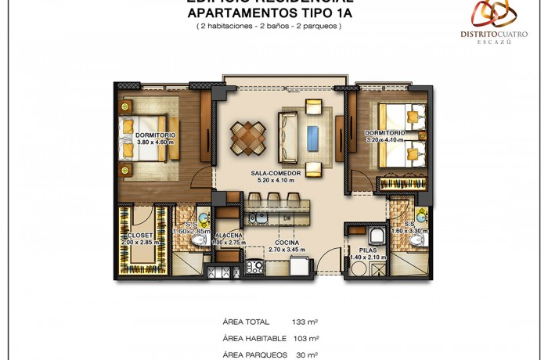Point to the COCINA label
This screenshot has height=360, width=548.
coord(287,243)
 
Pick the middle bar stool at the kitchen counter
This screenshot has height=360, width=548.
coord(273,199)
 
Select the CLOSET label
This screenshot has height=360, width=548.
coord(141,235)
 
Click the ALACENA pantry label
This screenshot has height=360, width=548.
coord(229,235)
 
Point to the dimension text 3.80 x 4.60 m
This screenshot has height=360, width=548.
coord(155,142)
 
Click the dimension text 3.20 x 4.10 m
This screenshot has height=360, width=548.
coord(385,141)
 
